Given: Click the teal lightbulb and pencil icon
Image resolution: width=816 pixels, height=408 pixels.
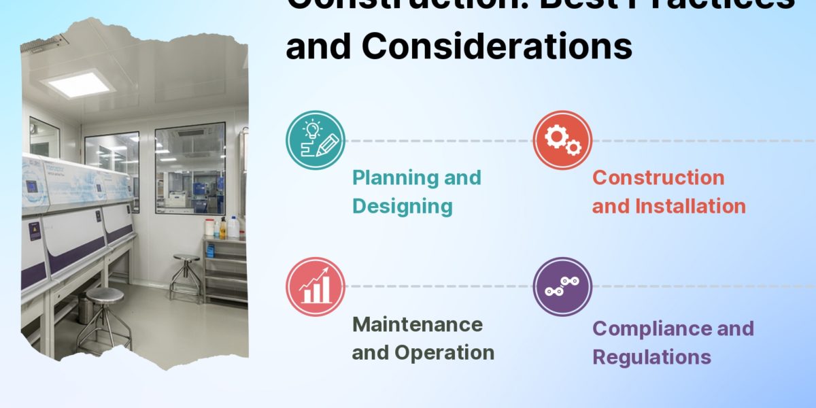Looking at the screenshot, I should (x=315, y=140).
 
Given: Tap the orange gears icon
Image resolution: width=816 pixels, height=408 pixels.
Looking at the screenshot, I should (x=562, y=140).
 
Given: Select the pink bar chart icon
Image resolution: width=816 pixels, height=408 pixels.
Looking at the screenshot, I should (x=315, y=286).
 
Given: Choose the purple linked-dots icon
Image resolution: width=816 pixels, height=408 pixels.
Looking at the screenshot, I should (x=562, y=286).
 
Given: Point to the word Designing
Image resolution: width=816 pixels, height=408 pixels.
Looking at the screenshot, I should (x=402, y=206).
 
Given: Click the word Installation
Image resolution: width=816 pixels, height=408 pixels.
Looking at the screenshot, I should (x=693, y=206).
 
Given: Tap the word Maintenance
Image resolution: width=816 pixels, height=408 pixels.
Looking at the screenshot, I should (x=417, y=324).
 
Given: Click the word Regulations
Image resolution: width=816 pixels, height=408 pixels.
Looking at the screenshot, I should (x=651, y=356).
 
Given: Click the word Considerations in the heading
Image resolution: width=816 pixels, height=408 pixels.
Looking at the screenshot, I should (x=496, y=46).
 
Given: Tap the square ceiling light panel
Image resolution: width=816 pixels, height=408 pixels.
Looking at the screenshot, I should (x=77, y=84).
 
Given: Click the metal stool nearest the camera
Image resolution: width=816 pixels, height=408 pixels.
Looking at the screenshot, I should (x=104, y=316).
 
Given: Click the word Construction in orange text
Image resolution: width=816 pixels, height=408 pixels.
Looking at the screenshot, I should (x=658, y=178).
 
